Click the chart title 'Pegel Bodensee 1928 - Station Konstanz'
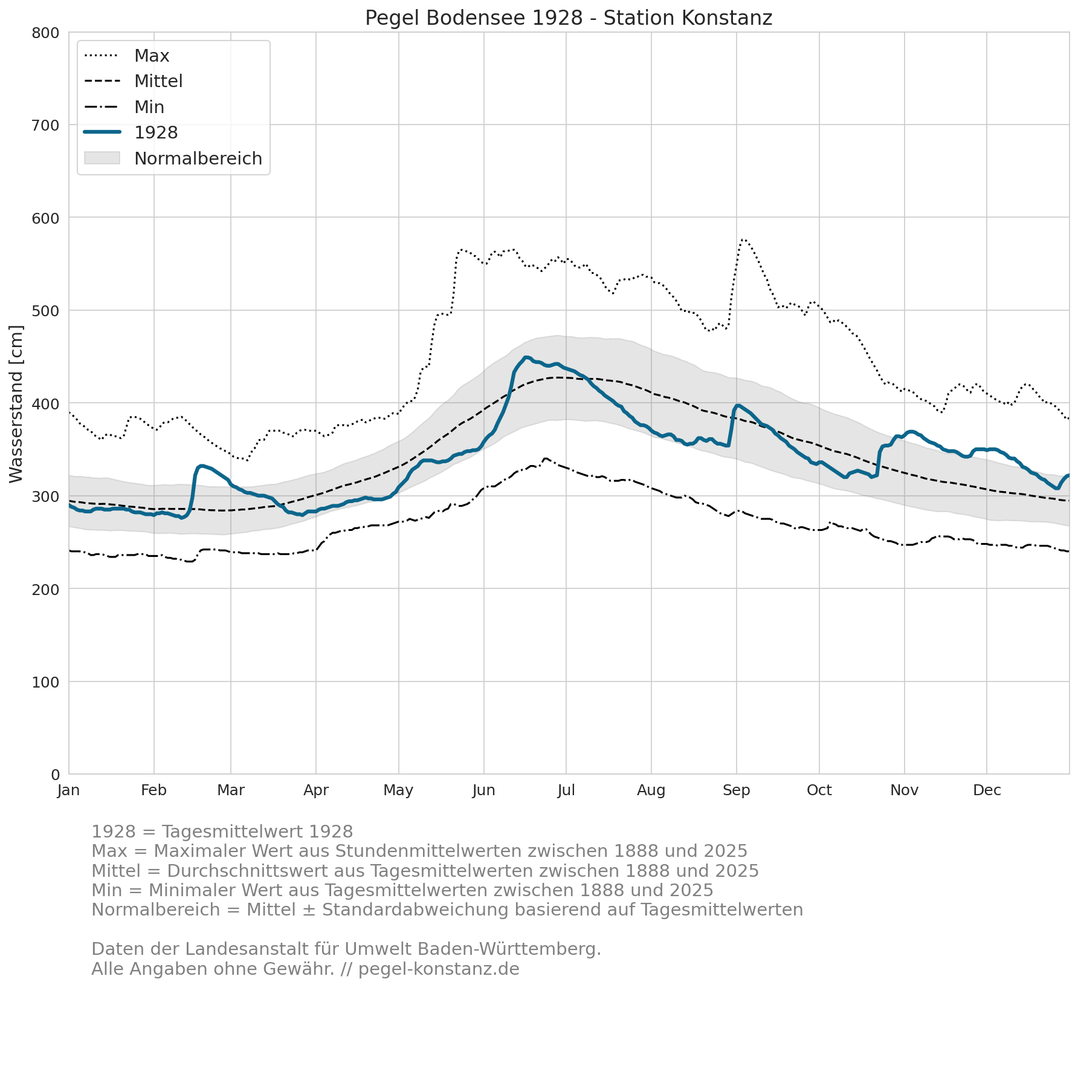(569, 18)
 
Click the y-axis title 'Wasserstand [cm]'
(16, 404)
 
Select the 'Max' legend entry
(127, 56)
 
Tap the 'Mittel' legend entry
(134, 81)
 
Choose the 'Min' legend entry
(124, 107)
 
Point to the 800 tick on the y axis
(45, 33)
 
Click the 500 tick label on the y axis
(45, 311)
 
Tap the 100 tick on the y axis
(45, 682)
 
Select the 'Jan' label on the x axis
(68, 790)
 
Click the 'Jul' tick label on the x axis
(566, 790)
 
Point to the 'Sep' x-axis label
(736, 791)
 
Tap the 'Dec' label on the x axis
(987, 790)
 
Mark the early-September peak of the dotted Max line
(743, 239)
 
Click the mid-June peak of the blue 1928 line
(526, 357)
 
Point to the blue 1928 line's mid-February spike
(201, 466)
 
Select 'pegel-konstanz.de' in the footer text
(439, 969)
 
